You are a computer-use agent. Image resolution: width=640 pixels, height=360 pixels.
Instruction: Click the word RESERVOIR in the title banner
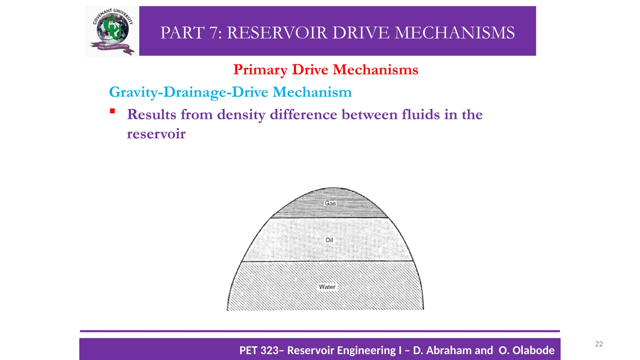click(x=277, y=33)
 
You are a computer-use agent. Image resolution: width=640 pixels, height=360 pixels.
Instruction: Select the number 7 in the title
click(x=215, y=33)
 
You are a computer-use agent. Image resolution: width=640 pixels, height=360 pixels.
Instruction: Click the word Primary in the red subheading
click(x=260, y=70)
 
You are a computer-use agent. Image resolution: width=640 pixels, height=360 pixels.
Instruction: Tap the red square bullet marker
click(x=112, y=111)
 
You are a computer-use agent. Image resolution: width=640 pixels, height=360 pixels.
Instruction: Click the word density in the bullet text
click(x=241, y=114)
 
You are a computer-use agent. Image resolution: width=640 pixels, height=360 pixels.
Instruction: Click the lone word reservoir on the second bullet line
click(x=156, y=134)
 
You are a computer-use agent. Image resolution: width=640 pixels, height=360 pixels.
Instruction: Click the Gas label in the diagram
click(x=330, y=203)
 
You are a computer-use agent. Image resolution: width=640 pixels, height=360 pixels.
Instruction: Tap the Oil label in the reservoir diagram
click(x=329, y=240)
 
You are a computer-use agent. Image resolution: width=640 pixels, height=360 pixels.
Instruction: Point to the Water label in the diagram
click(x=327, y=287)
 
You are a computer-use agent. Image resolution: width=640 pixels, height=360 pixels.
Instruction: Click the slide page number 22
click(x=599, y=344)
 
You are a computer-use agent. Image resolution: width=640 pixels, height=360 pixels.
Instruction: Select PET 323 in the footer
click(x=259, y=350)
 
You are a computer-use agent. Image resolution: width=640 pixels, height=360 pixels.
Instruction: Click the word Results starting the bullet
click(x=151, y=114)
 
